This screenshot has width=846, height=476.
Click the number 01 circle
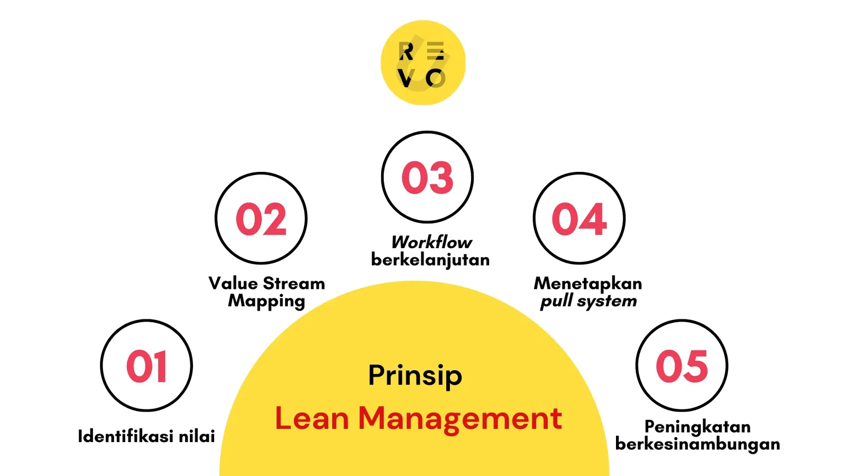(146, 365)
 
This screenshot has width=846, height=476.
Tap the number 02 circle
(261, 218)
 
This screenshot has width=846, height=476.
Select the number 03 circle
(427, 177)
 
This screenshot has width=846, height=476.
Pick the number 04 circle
(579, 218)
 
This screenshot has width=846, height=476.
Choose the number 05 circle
(682, 365)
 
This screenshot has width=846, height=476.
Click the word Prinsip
(415, 376)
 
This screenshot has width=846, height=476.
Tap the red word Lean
(312, 418)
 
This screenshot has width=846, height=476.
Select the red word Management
(460, 419)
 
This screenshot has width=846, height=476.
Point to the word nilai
(197, 436)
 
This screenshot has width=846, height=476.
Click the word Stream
(294, 283)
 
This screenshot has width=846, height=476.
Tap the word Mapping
(266, 301)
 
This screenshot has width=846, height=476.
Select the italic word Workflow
(431, 242)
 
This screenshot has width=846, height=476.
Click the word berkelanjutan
(430, 260)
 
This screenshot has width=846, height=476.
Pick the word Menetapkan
(588, 283)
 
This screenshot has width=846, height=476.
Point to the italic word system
(606, 301)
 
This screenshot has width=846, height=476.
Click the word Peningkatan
(697, 427)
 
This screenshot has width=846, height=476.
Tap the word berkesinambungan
(697, 444)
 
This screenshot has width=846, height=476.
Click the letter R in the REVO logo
(406, 52)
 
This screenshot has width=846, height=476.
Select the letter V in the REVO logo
(406, 79)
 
